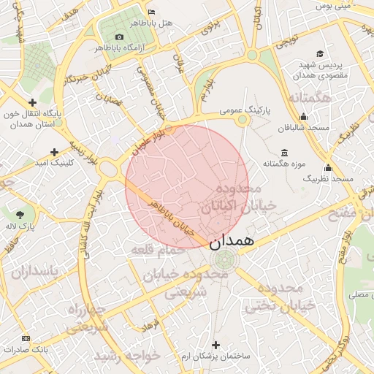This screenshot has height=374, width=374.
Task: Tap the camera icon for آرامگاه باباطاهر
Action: [x=119, y=37]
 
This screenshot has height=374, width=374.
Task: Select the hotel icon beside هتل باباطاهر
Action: [x=151, y=12]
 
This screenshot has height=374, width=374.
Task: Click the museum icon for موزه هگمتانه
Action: [x=283, y=153]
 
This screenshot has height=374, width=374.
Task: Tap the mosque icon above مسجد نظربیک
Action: [x=328, y=167]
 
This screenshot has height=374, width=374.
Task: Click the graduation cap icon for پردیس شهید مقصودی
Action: [x=319, y=53]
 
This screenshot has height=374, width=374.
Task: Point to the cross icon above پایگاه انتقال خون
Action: [x=31, y=102]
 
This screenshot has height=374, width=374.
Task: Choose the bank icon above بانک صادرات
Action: [x=26, y=338]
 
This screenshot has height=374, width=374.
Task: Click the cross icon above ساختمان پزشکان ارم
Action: [x=215, y=344]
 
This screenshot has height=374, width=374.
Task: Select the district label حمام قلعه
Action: [x=157, y=251]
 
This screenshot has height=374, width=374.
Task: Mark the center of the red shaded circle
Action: [x=187, y=186]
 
